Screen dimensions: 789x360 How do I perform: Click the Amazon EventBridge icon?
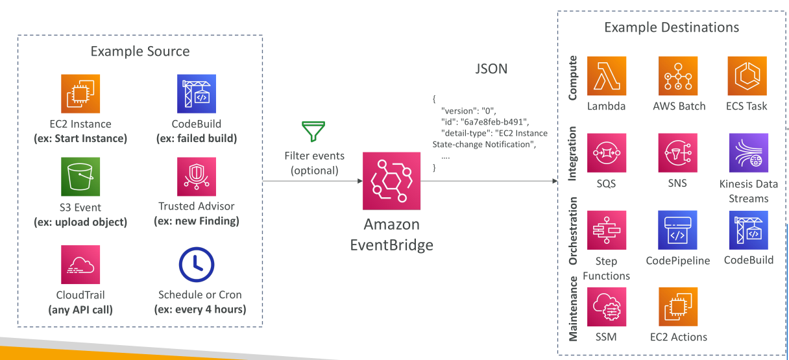pos(391,181)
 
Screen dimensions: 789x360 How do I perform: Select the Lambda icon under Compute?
pos(607,76)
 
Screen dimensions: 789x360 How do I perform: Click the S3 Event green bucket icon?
pos(80,176)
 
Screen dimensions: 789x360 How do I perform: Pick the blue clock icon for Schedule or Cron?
pos(197,265)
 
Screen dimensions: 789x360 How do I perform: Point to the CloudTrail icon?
pos(80,265)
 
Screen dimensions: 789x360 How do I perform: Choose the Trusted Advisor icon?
pos(197,176)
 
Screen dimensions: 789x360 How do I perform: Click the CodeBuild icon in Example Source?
pos(197,93)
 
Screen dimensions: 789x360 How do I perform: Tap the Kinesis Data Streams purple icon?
pos(749,152)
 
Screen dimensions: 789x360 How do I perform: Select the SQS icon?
pos(607,152)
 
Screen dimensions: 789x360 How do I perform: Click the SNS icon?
pos(677,152)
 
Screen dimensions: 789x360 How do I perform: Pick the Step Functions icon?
pos(607,230)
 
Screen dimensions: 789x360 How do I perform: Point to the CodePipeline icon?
pos(677,230)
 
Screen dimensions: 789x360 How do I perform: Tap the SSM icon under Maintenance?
pos(607,307)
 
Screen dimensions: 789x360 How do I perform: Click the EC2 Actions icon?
pos(678,307)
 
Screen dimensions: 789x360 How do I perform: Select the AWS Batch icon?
pos(678,76)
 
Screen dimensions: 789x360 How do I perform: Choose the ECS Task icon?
pos(747,76)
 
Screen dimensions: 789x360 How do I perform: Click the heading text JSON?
pos(491,69)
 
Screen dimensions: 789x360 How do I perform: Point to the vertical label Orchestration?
pos(573,231)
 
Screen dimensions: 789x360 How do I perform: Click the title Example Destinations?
pos(672,27)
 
